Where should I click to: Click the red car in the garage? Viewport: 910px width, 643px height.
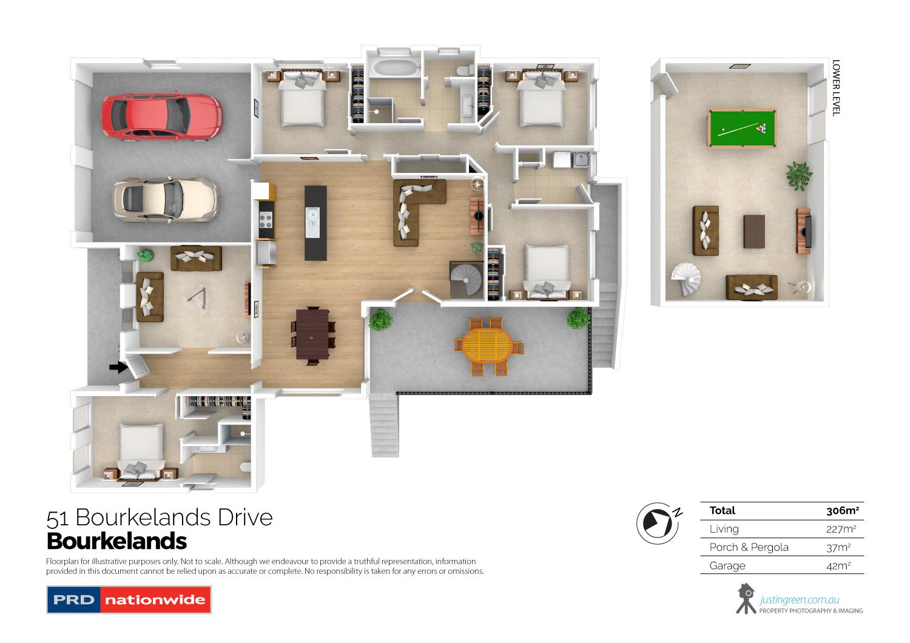(161, 116)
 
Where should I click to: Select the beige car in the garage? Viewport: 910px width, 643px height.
(165, 198)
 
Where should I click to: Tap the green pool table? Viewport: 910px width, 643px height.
(741, 128)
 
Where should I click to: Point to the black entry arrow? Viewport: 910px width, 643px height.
(118, 367)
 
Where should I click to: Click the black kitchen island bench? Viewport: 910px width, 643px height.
(315, 223)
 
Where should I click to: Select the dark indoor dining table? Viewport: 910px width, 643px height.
(312, 334)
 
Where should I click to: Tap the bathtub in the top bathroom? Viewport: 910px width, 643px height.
(395, 68)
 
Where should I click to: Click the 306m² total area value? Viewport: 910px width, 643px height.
(842, 511)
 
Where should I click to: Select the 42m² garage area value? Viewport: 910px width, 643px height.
(841, 565)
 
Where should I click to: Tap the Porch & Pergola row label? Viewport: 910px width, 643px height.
(749, 547)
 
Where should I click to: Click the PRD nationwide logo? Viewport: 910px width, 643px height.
(129, 600)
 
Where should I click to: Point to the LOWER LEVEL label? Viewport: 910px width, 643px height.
(836, 87)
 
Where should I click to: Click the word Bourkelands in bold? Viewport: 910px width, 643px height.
(116, 541)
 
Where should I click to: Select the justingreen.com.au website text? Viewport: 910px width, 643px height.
(799, 600)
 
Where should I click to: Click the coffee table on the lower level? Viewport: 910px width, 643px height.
(754, 232)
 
